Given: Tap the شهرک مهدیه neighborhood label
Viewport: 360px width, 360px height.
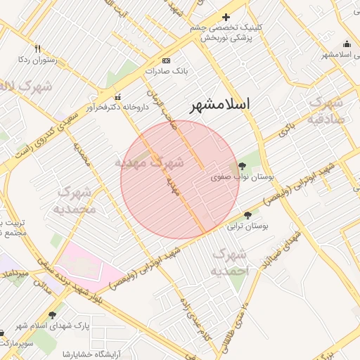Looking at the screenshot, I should (x=149, y=162).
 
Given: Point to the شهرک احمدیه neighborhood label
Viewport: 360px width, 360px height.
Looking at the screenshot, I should (x=229, y=262).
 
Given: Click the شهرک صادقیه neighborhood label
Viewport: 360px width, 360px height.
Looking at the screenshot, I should (x=326, y=110).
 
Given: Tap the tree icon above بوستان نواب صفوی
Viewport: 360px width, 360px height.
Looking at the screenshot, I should (x=243, y=166).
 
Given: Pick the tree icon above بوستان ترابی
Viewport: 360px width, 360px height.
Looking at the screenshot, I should (x=247, y=215).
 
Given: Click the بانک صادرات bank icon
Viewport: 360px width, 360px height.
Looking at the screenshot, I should (x=166, y=60).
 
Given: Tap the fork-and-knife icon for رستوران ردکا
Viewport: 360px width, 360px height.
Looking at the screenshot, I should (x=38, y=49).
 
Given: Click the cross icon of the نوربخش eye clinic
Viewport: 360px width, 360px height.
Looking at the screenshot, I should (x=226, y=17).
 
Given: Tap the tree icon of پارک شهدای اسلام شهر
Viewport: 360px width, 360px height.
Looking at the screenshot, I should (x=52, y=314).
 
